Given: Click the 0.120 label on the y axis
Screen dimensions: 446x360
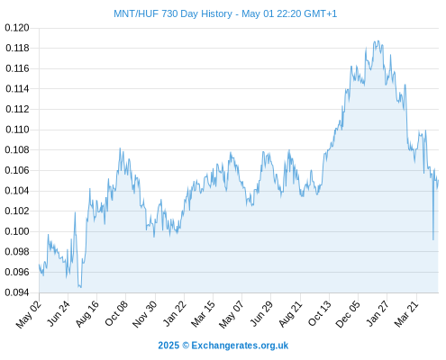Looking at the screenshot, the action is click(17, 28).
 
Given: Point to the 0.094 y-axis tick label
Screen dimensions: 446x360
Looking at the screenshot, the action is click(17, 292).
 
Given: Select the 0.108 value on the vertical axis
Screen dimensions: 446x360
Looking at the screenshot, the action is click(17, 149).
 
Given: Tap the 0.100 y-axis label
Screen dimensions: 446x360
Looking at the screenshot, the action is click(17, 231).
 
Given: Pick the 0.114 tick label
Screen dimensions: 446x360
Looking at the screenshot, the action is click(17, 89).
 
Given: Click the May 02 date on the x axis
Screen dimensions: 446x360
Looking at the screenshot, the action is click(29, 314).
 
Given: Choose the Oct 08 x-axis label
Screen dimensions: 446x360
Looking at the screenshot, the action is click(116, 313).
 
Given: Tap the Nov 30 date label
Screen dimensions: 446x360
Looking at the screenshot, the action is click(145, 314).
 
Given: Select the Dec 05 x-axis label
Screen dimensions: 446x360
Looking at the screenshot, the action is click(348, 314).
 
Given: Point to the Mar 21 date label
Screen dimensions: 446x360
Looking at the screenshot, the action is click(406, 314).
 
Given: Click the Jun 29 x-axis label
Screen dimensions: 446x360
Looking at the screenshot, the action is click(261, 313).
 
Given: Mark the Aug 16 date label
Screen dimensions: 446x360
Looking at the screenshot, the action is click(87, 313).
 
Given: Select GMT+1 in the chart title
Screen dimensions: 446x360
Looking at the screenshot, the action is click(321, 13).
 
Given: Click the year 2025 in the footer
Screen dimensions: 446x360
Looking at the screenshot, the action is click(168, 346).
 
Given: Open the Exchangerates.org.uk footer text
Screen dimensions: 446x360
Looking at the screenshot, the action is click(240, 346).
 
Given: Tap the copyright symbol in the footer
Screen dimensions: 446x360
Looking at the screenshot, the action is click(186, 346).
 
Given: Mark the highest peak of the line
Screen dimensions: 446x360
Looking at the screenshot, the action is click(378, 40).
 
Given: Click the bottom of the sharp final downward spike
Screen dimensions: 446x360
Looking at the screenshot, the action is click(433, 239).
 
